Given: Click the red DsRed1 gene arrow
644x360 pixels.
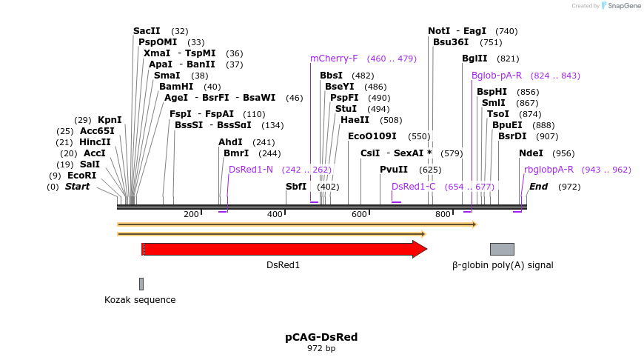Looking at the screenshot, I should pyautogui.click(x=281, y=249).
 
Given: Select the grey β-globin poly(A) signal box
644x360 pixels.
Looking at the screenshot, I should pyautogui.click(x=502, y=249).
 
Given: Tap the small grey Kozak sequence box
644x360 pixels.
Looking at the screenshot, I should pyautogui.click(x=141, y=284).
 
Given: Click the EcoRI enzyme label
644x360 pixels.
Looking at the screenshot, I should pyautogui.click(x=81, y=176).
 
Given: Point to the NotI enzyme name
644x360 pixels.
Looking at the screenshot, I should pyautogui.click(x=439, y=31).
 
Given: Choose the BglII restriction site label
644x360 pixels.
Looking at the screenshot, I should pyautogui.click(x=474, y=59).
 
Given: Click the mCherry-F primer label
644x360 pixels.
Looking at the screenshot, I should pyautogui.click(x=334, y=59).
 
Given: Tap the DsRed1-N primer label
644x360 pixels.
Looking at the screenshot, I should pyautogui.click(x=251, y=170).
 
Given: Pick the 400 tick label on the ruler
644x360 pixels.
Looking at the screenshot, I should pyautogui.click(x=275, y=214).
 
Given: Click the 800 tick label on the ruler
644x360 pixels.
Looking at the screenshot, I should pyautogui.click(x=443, y=214).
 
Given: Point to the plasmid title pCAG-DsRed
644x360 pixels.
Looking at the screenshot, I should pyautogui.click(x=321, y=337).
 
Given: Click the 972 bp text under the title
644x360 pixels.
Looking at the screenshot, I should pyautogui.click(x=321, y=348).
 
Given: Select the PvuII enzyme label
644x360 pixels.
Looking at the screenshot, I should pyautogui.click(x=394, y=170).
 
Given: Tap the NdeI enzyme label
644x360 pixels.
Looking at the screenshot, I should pyautogui.click(x=531, y=153).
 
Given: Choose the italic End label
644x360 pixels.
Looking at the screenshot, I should pyautogui.click(x=538, y=187).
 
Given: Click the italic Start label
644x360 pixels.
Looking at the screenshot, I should pyautogui.click(x=77, y=187).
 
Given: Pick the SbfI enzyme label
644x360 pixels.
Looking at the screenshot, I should pyautogui.click(x=296, y=187).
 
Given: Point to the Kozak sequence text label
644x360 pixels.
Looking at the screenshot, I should pyautogui.click(x=140, y=300).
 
